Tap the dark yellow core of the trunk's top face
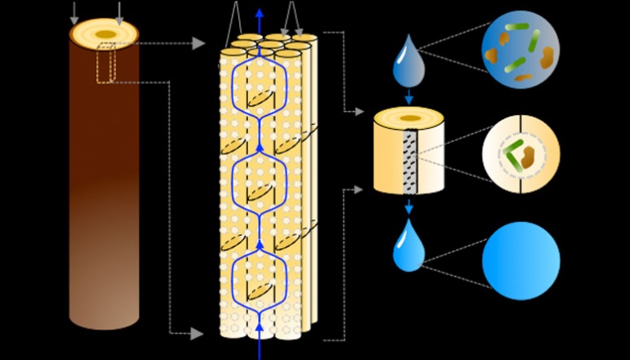pos(105,33)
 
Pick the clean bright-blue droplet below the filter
pos(408,246)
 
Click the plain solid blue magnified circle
pos(521,261)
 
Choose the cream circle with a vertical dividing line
pos(520,153)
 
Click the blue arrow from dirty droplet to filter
pos(409,96)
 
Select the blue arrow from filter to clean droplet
pos(409,207)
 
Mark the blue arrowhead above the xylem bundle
pos(260,12)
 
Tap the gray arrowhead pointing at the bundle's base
pos(197,333)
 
